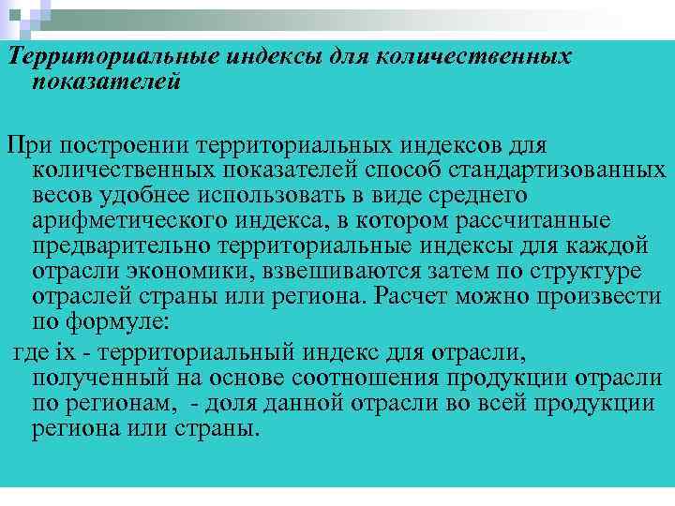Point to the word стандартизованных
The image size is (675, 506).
coord(577,171)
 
